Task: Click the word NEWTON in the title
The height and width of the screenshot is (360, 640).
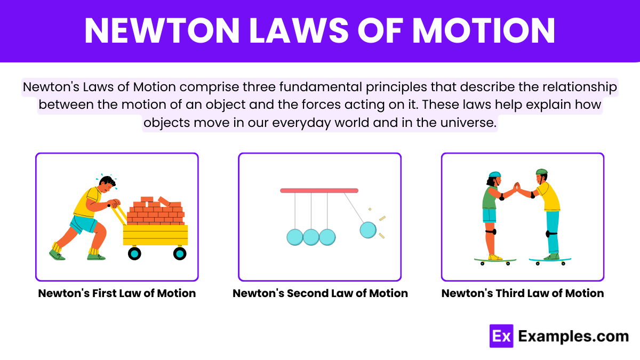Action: click(162, 30)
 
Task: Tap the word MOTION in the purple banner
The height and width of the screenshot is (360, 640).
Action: click(483, 30)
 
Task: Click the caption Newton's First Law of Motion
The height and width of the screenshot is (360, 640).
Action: click(117, 293)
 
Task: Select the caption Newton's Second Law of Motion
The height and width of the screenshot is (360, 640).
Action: click(320, 293)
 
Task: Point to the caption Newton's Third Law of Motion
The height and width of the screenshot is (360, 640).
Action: click(523, 293)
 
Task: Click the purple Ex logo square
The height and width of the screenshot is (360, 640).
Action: click(501, 336)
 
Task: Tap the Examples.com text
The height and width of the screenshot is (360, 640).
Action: click(573, 337)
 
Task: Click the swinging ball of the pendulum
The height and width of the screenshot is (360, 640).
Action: click(368, 230)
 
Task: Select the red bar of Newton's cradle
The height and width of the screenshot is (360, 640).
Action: click(319, 190)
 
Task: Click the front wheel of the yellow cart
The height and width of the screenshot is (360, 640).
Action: click(180, 253)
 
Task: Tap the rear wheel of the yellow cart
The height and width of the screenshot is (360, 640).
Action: click(134, 253)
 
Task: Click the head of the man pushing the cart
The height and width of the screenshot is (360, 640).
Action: click(107, 183)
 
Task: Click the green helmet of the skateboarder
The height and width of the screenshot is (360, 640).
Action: click(541, 172)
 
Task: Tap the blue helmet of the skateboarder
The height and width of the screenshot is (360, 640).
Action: click(495, 174)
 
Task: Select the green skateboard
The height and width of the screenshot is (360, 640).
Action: click(495, 261)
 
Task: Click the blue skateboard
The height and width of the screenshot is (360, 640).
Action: click(550, 261)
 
